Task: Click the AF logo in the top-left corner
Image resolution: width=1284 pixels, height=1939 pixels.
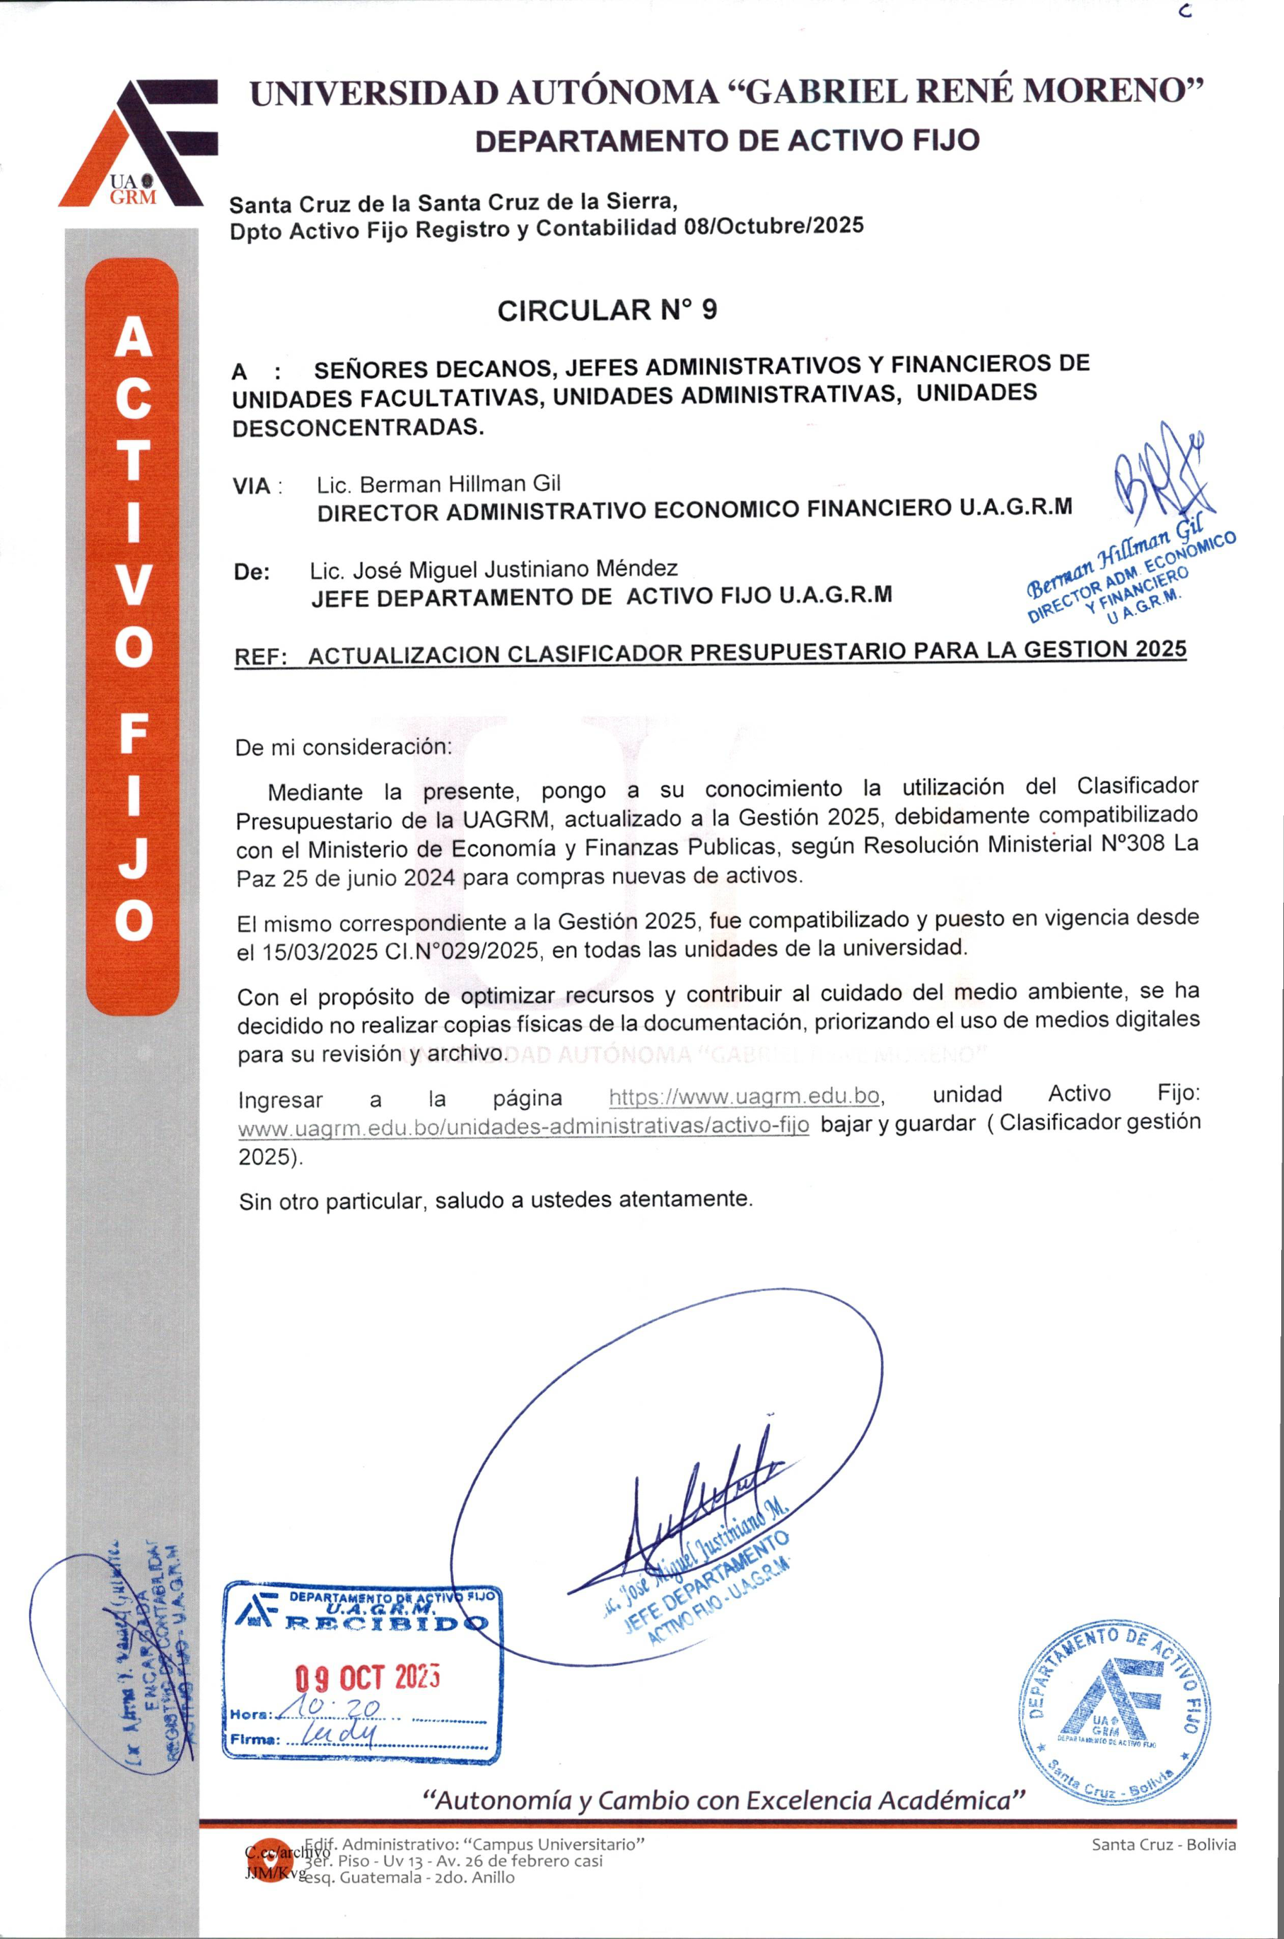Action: point(138,144)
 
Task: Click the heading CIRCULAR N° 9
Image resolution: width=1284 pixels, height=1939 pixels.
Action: point(607,311)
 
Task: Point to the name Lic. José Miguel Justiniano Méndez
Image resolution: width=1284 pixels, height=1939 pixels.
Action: point(493,569)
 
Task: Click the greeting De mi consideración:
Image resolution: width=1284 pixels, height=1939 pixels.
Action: point(343,747)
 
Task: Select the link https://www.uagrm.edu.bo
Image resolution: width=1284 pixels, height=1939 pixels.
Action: point(745,1096)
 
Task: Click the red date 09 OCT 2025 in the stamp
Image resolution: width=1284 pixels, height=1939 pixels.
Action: point(368,1679)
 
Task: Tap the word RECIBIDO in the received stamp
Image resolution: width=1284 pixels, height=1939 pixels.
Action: point(385,1623)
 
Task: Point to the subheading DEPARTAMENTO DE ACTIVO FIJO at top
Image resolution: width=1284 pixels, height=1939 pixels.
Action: point(727,141)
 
